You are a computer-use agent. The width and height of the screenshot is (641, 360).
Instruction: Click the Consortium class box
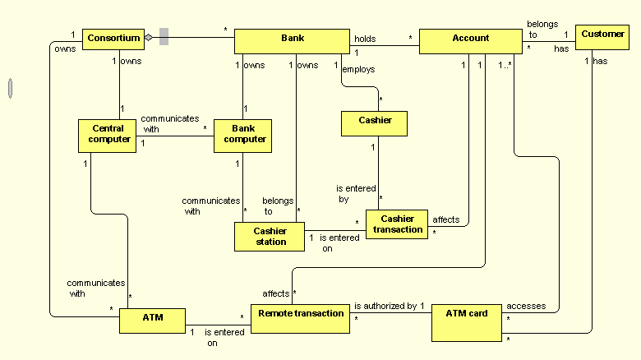pos(113,38)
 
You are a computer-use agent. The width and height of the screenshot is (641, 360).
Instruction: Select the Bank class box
pos(292,41)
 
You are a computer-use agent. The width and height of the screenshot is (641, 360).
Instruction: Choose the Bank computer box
pos(243,135)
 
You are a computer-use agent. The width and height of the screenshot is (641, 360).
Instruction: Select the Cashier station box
pos(270,237)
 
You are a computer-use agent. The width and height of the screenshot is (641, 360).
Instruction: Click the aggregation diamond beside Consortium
pos(148,37)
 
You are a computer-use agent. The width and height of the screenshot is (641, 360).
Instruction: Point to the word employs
pos(358,70)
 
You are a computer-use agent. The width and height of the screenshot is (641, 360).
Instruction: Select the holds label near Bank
pos(365,39)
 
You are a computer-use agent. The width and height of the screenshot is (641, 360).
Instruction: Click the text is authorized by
pos(385,306)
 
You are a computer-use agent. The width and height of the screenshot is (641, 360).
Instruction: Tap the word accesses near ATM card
pos(525,306)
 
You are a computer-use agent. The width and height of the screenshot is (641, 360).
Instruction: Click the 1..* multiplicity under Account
pos(505,65)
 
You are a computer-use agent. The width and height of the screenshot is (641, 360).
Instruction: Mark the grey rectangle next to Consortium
pos(164,36)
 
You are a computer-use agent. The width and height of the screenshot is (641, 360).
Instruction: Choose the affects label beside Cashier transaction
pos(445,220)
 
